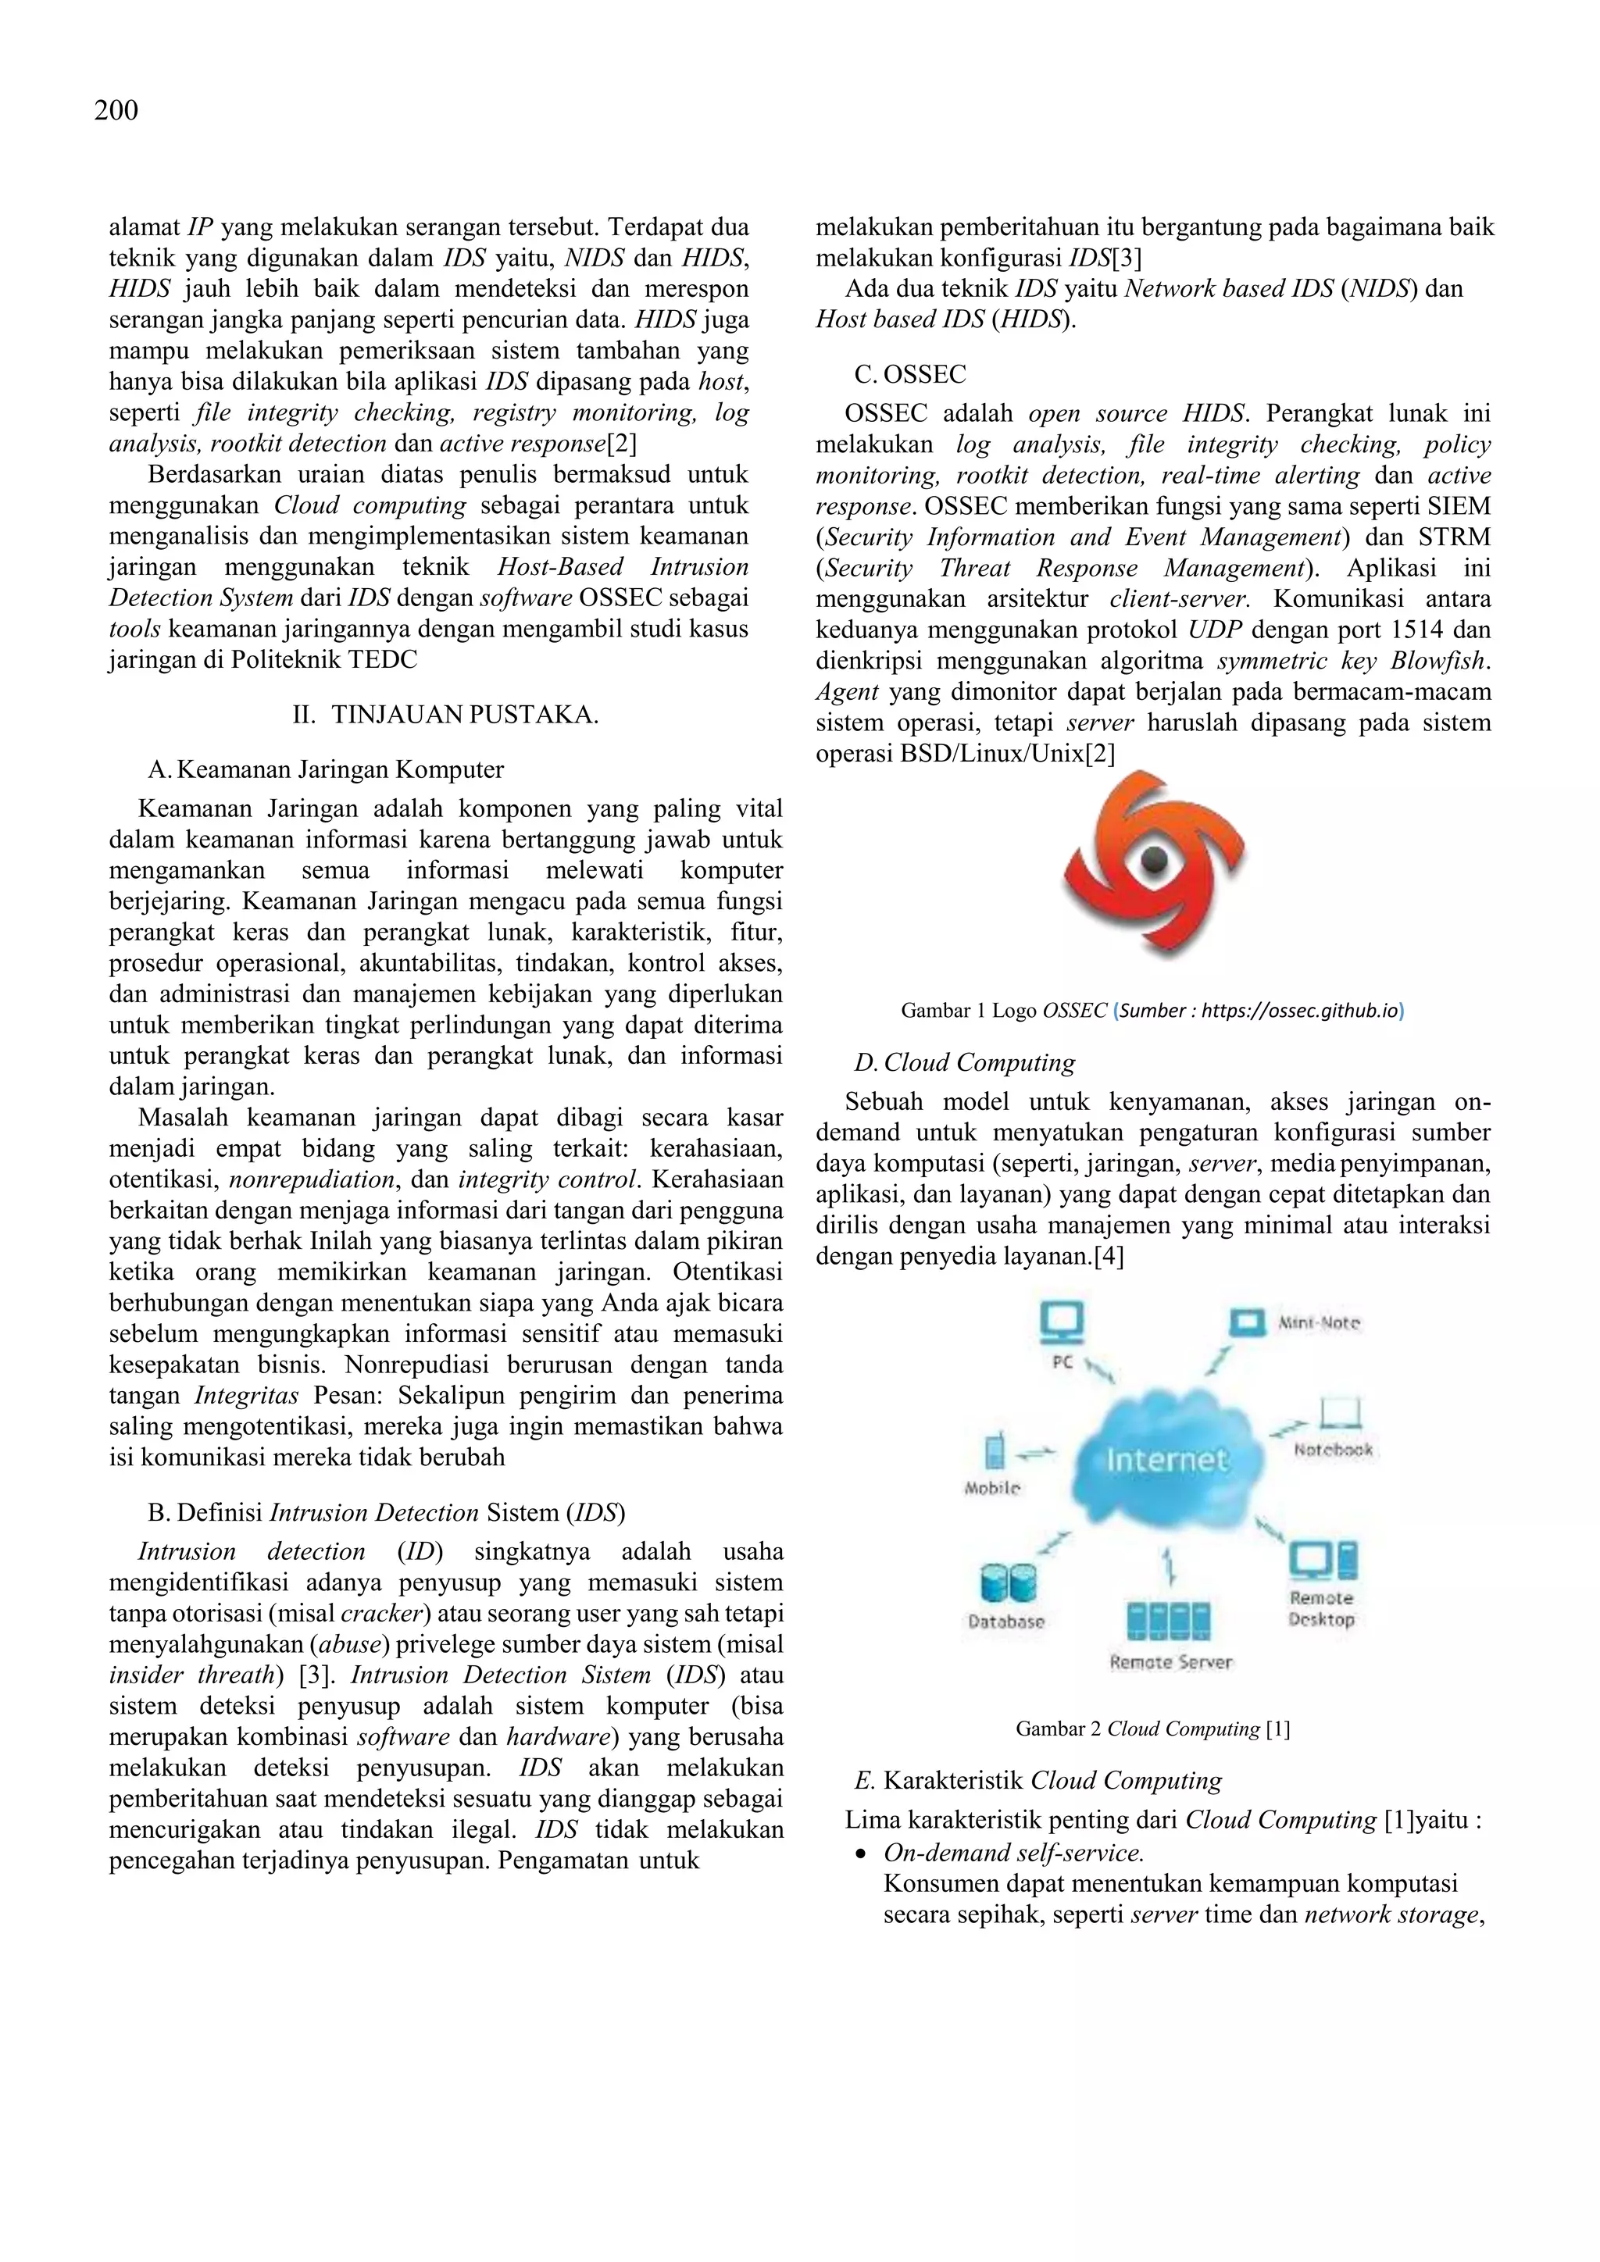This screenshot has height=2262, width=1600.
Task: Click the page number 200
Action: tap(116, 110)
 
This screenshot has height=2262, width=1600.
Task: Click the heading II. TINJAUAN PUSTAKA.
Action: tap(445, 714)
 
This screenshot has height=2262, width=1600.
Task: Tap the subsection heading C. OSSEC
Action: tap(909, 374)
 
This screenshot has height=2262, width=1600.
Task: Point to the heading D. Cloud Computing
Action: tap(965, 1062)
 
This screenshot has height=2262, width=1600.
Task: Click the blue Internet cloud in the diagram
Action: tap(1166, 1458)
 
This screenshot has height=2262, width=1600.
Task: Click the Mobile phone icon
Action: tap(994, 1452)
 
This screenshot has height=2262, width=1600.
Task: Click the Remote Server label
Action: tap(1170, 1662)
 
